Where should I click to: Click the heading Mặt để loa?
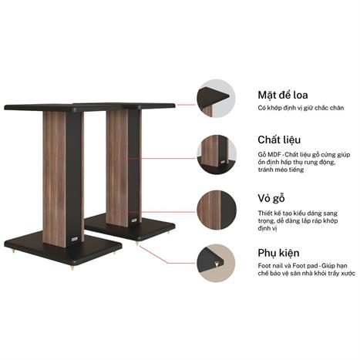click(284, 96)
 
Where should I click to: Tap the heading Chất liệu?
click(278, 140)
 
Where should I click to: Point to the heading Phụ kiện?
click(278, 253)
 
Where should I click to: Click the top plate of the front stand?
click(54, 107)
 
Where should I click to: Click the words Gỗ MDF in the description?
click(270, 156)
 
